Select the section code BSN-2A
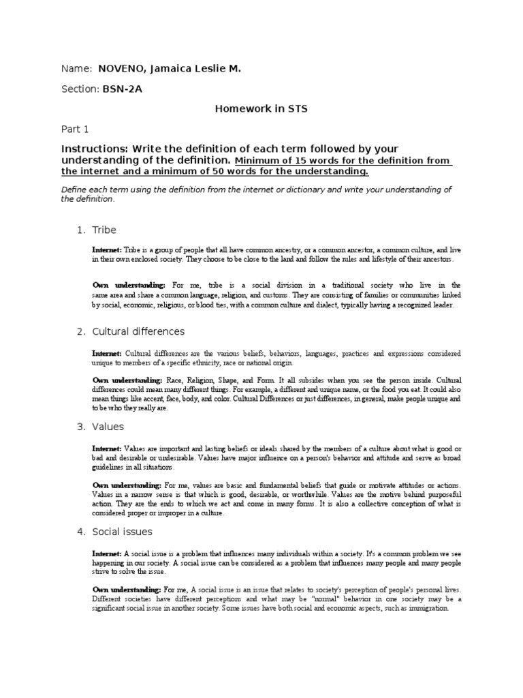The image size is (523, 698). coord(123,89)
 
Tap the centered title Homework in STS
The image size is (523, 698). coord(261,108)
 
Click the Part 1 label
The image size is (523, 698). coord(75,128)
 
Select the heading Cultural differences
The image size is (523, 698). coord(138,331)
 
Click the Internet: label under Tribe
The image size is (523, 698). coord(107,251)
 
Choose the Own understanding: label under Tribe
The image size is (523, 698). coord(129,285)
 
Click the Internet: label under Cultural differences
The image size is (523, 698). coord(107,354)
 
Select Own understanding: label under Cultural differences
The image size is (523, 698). coord(127,379)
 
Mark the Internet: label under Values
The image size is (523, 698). coord(107,449)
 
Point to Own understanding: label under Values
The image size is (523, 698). coord(127,485)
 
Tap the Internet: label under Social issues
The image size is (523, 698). coord(107,554)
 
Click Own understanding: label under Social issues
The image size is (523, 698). coord(127,589)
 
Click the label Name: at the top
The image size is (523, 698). coord(76,69)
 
